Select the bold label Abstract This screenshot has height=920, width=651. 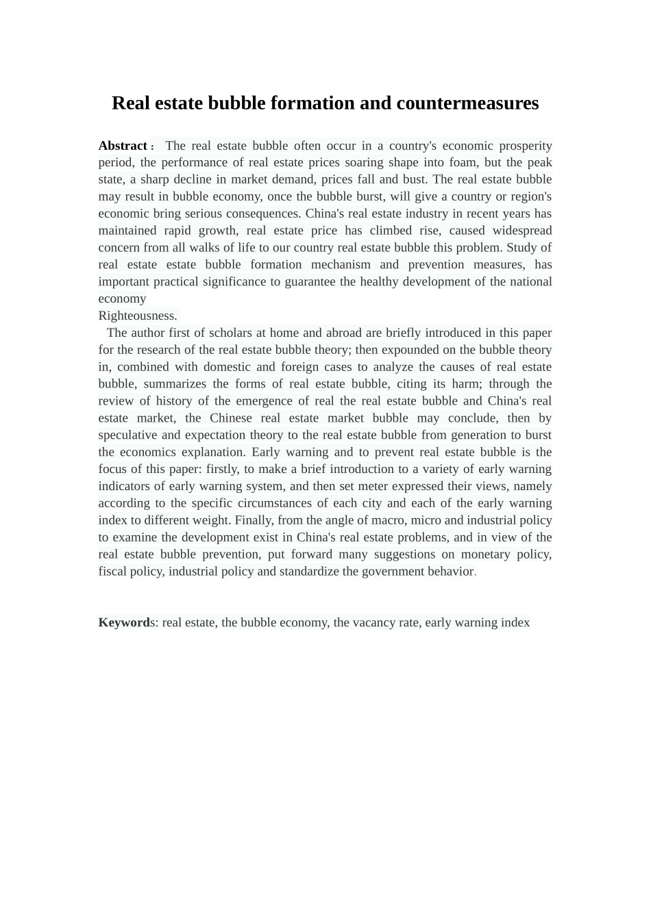[x=123, y=146]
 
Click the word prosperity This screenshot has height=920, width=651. [x=525, y=146]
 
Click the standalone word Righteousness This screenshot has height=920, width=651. [x=138, y=316]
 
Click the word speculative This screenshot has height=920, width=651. [x=128, y=435]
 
